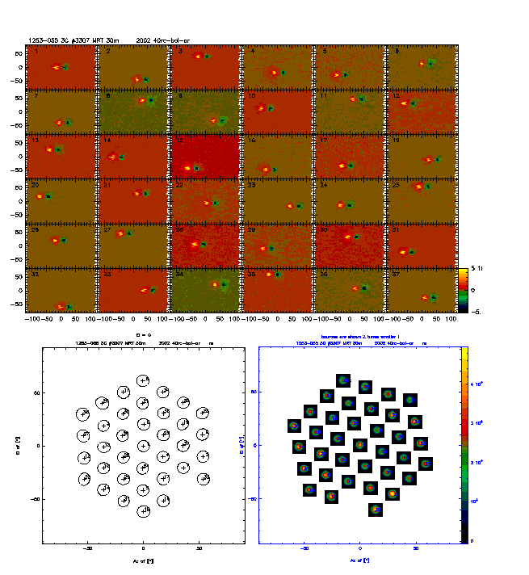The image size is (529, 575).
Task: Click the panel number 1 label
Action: [x=32, y=52]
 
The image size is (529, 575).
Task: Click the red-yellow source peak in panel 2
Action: [x=136, y=78]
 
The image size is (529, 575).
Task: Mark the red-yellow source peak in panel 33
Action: [x=144, y=290]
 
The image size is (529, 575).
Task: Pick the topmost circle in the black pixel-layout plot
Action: [x=144, y=380]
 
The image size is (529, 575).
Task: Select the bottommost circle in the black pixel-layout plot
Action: [x=144, y=511]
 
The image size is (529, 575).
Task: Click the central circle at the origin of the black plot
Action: [x=144, y=446]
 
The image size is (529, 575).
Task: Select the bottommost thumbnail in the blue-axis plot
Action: [x=376, y=509]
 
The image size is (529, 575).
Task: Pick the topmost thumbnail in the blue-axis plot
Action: [x=343, y=380]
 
